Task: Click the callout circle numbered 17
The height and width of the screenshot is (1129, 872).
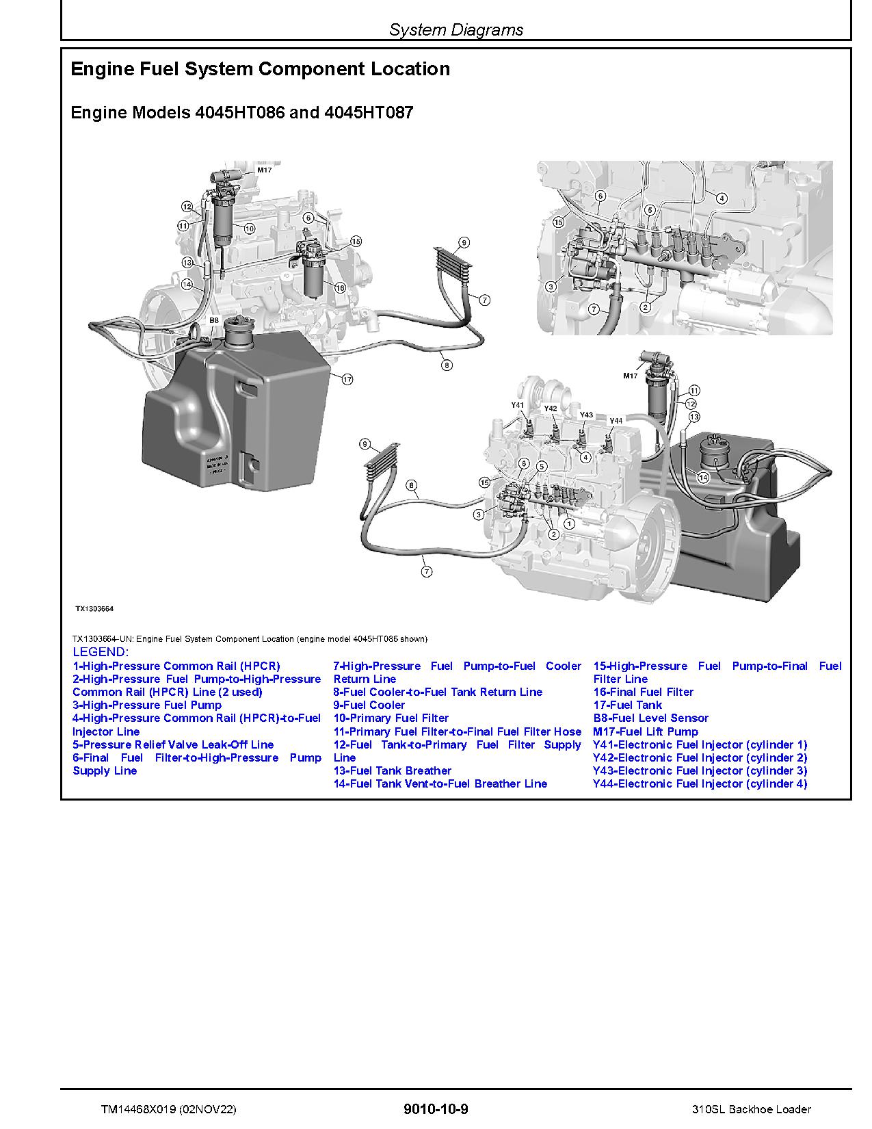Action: [347, 379]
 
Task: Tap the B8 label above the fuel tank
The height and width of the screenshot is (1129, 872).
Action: [214, 320]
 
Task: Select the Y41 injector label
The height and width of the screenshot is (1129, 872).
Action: [517, 405]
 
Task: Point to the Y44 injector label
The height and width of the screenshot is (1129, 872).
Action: [616, 420]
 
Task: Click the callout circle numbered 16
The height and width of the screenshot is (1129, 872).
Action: [340, 288]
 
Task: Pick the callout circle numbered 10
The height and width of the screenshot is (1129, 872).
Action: [249, 229]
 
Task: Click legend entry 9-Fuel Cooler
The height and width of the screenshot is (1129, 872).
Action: [369, 705]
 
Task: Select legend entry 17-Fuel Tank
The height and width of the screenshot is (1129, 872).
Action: [627, 705]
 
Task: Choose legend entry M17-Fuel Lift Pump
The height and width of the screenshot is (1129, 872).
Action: [645, 731]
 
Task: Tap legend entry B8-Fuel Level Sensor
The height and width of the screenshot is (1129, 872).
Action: [650, 718]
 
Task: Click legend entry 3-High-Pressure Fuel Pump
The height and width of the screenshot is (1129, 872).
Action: [147, 705]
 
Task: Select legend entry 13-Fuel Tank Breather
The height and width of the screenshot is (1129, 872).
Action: [392, 770]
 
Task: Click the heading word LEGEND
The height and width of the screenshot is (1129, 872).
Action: [100, 651]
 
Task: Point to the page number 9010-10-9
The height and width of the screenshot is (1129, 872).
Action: [436, 1109]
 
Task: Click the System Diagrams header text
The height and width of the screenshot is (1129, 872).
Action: [456, 29]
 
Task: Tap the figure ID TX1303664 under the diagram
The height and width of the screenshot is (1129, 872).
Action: [94, 608]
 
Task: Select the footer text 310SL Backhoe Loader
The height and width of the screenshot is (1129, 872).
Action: [751, 1109]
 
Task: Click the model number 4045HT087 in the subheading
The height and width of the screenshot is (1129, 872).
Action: [371, 112]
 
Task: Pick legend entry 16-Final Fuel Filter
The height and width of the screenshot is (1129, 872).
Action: [643, 692]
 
